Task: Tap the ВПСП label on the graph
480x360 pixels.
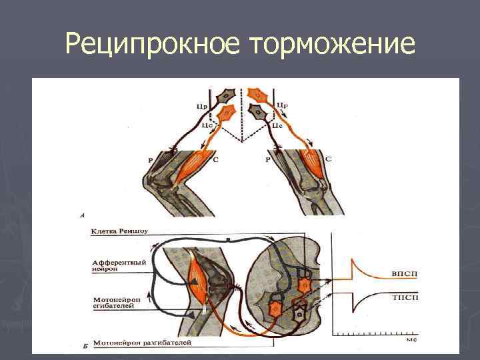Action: click(x=402, y=274)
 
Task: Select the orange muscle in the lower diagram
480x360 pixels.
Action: click(x=198, y=274)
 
